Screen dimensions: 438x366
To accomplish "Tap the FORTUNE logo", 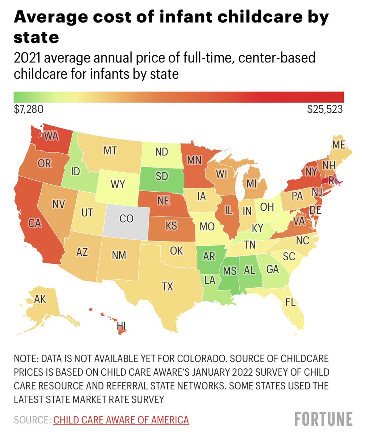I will coord(324,419).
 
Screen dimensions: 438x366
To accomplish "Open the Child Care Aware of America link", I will coord(121,420).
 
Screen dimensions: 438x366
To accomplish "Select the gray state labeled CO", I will coord(127,219).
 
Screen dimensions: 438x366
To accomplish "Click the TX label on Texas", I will coord(167,287).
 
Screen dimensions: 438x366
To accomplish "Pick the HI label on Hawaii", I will coord(122,324).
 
